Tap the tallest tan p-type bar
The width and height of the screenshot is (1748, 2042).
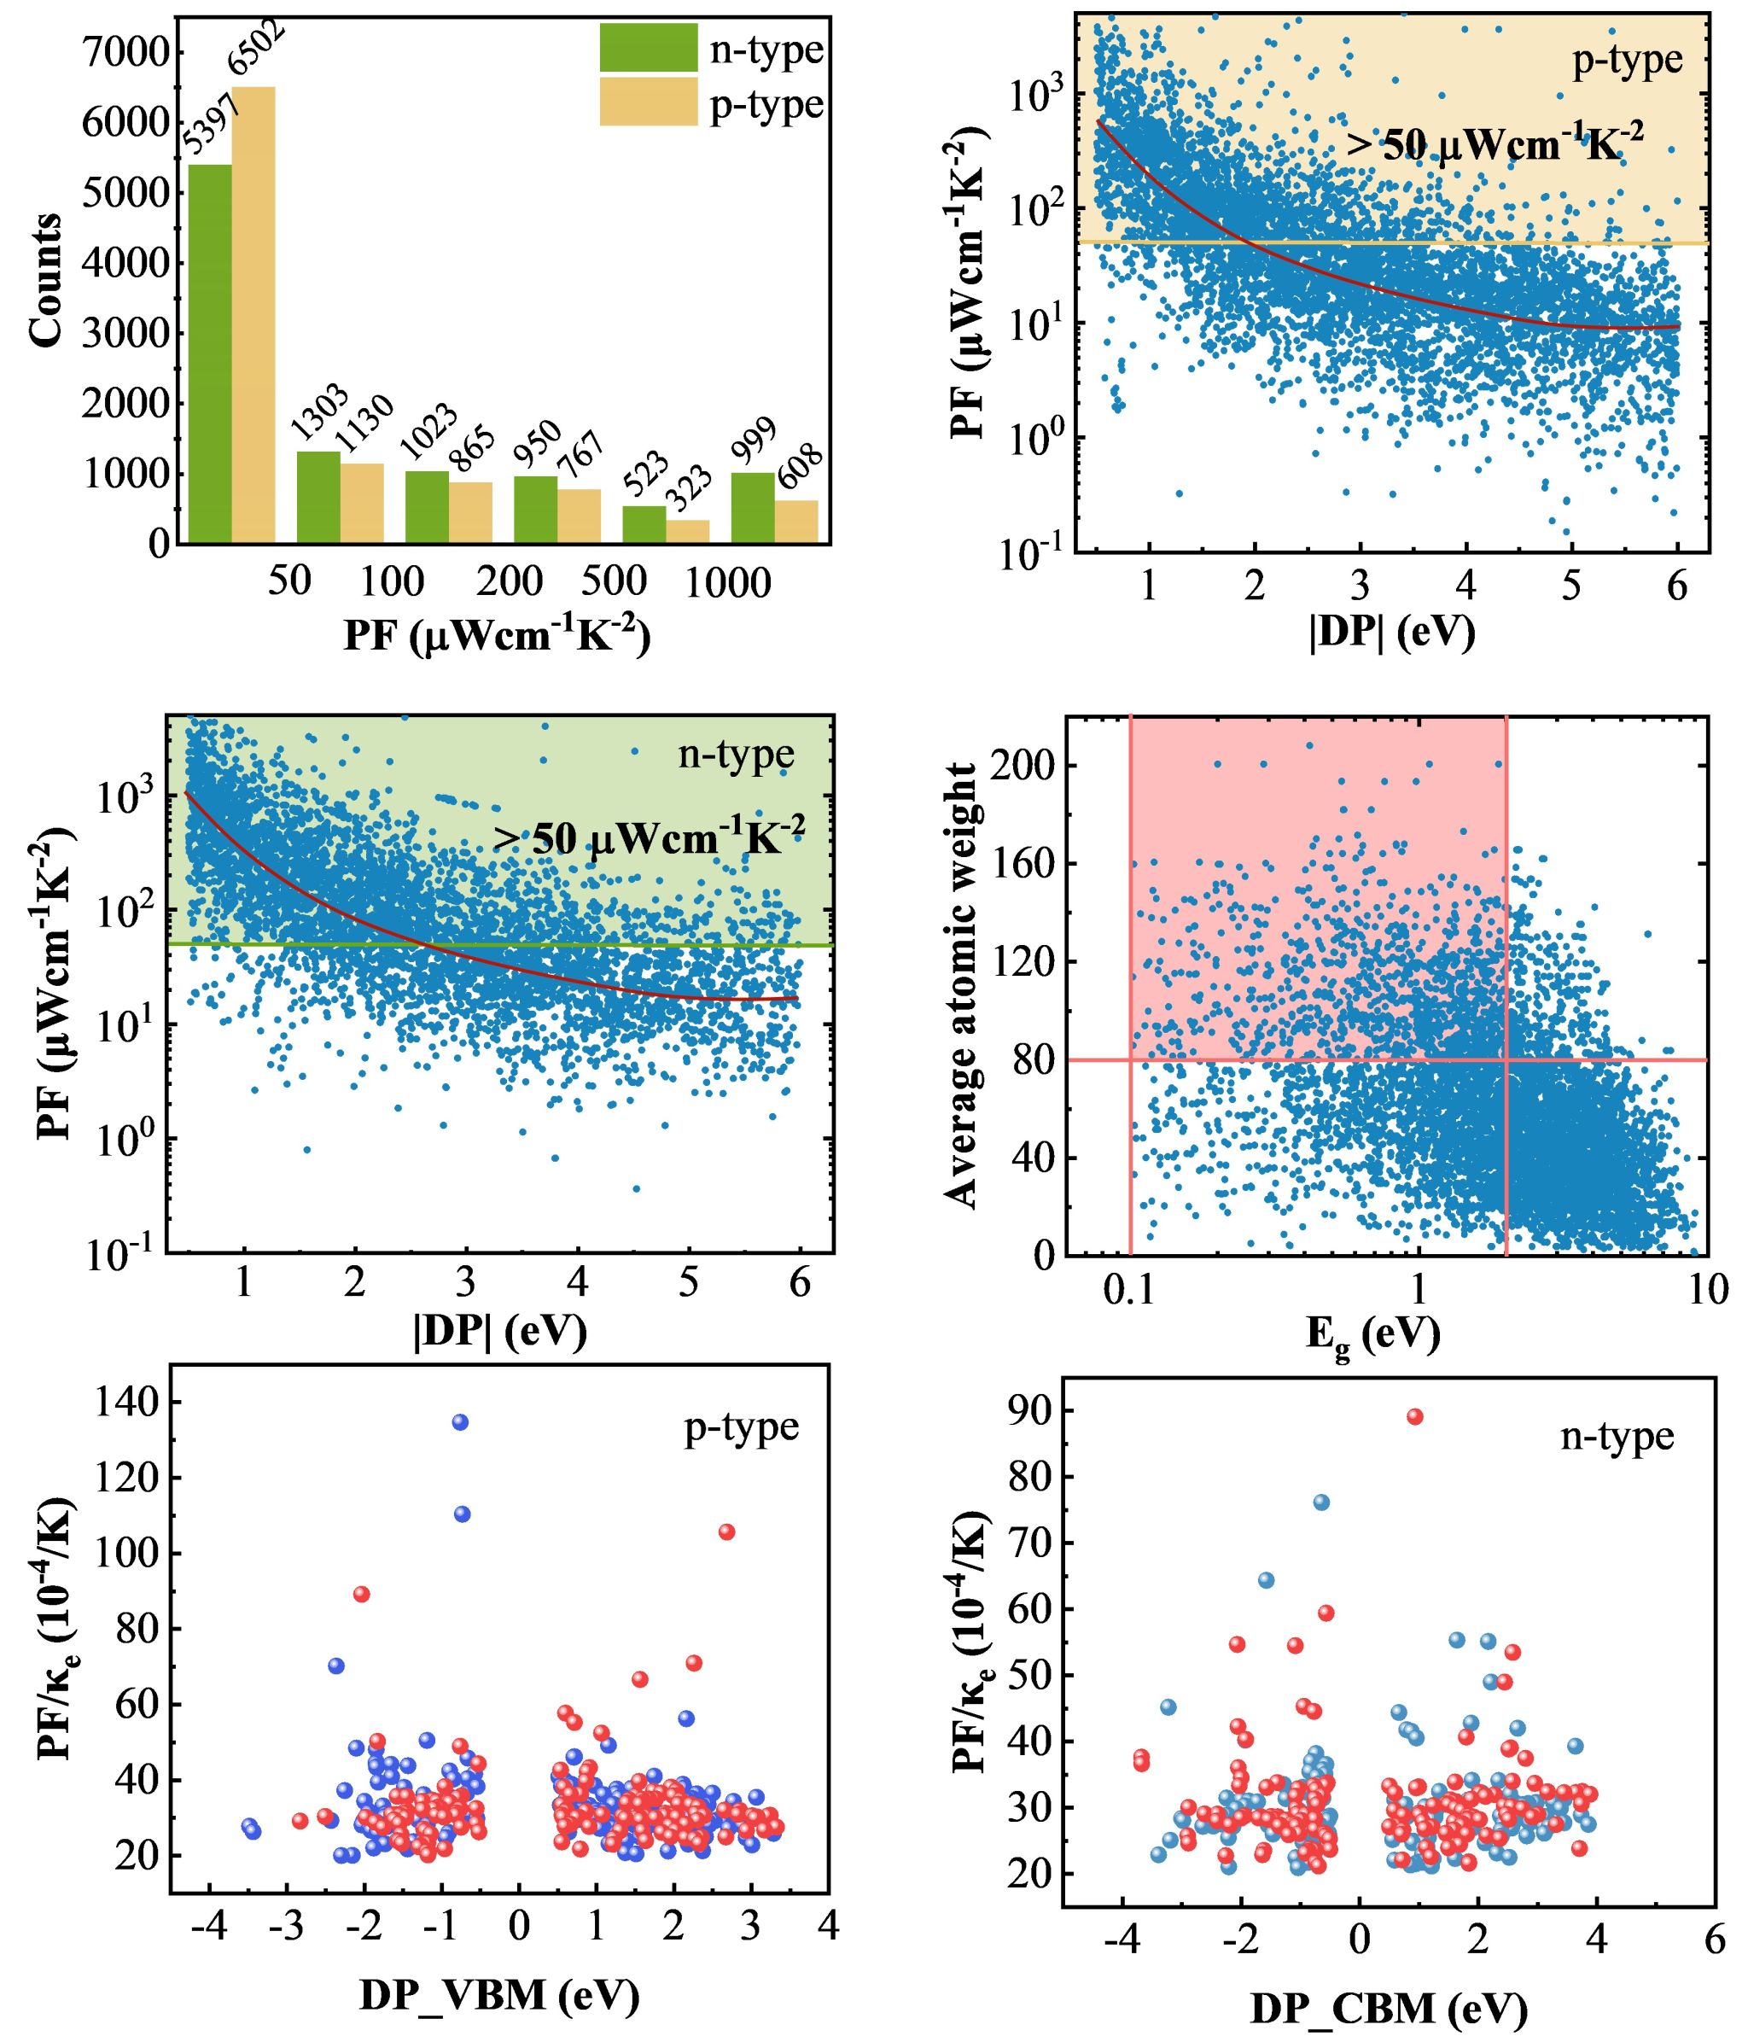253,315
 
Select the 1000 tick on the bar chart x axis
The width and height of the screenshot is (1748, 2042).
727,583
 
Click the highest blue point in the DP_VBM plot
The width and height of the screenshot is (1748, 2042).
460,1422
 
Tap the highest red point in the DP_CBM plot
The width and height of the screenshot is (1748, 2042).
1415,1416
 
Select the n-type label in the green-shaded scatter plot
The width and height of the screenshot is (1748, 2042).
736,755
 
